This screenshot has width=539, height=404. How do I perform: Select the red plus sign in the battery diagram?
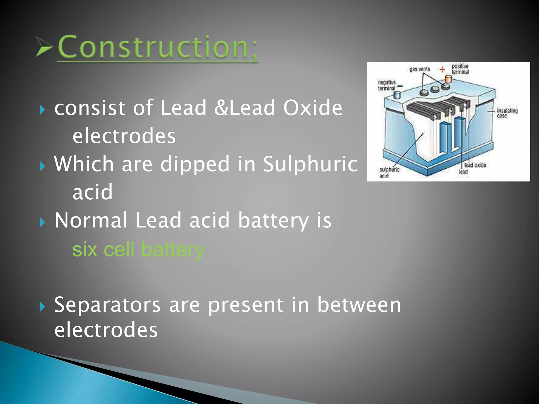click(442, 69)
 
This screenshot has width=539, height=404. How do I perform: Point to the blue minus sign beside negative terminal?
click(400, 86)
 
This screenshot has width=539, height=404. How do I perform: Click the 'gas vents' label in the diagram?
click(420, 69)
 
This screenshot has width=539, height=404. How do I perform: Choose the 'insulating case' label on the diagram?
click(507, 113)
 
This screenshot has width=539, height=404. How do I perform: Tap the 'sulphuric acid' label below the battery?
click(389, 173)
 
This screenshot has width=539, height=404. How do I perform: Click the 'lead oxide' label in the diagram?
click(475, 165)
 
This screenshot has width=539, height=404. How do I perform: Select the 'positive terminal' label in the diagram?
click(460, 69)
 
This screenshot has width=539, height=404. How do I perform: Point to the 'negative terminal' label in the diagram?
click(387, 85)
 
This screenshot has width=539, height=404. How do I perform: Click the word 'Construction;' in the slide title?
click(157, 47)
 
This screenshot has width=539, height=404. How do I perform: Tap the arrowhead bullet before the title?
click(44, 47)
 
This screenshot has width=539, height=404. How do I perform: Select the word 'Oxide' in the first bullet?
click(312, 108)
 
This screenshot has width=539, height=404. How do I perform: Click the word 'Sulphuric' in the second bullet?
click(310, 164)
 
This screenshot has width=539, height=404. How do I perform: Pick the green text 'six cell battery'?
click(138, 249)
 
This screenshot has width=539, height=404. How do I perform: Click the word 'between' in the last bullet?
click(359, 305)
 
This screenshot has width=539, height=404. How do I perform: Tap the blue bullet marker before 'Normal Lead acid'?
click(42, 223)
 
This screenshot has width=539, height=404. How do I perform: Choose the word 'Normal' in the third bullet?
click(91, 220)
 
